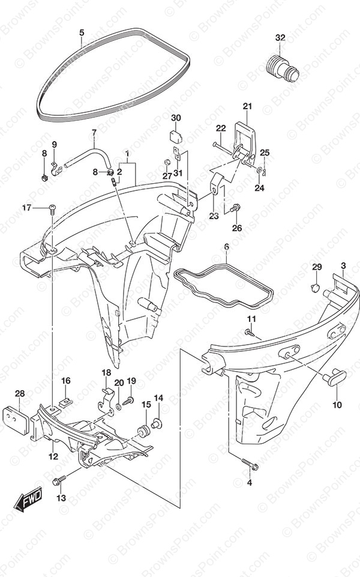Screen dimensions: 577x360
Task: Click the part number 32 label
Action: [280, 38]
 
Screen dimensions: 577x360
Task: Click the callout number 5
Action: [82, 32]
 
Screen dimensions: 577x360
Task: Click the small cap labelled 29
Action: [316, 289]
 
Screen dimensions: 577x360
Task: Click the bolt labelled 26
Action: [237, 207]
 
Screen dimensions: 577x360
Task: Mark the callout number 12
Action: [53, 457]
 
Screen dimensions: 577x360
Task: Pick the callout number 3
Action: [343, 266]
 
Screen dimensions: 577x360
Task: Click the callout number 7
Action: [94, 133]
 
